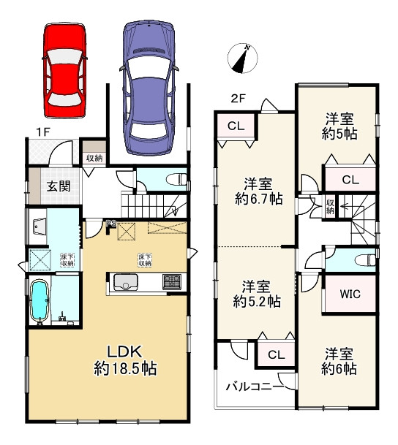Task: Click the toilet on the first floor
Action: (x=174, y=180)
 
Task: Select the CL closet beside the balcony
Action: (x=276, y=355)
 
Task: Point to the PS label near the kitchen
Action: (x=111, y=224)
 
